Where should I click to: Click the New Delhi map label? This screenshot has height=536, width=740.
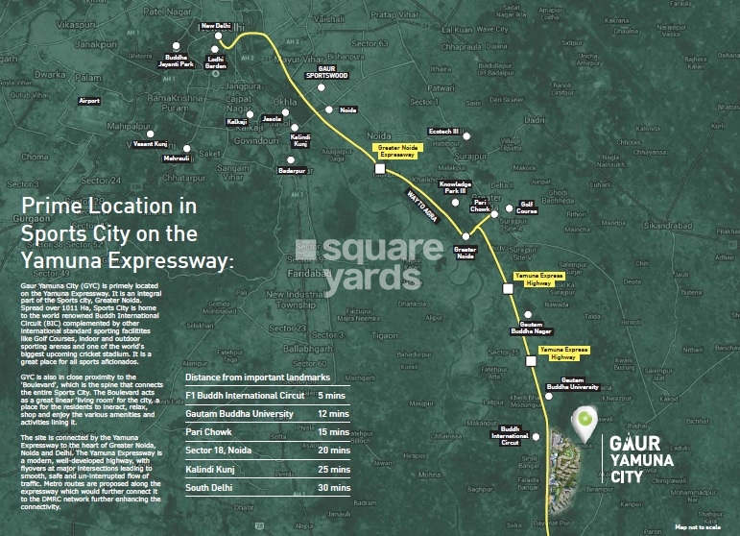pos(216,27)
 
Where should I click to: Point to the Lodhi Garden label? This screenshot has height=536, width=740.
pos(216,62)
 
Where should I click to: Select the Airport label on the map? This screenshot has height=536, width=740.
pos(89,101)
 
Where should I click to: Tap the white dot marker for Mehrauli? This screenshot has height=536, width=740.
pos(187,149)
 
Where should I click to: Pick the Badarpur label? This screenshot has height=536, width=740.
pos(290,169)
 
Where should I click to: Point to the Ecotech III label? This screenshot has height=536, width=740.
pos(443,131)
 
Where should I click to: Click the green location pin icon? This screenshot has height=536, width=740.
pos(583,421)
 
